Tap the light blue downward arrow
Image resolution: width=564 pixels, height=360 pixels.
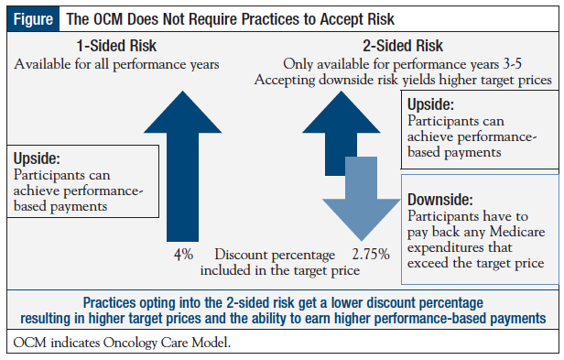click(363, 207)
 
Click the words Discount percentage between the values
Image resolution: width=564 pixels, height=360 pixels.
click(271, 253)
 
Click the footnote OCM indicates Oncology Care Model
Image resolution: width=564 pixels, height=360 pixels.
click(128, 344)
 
